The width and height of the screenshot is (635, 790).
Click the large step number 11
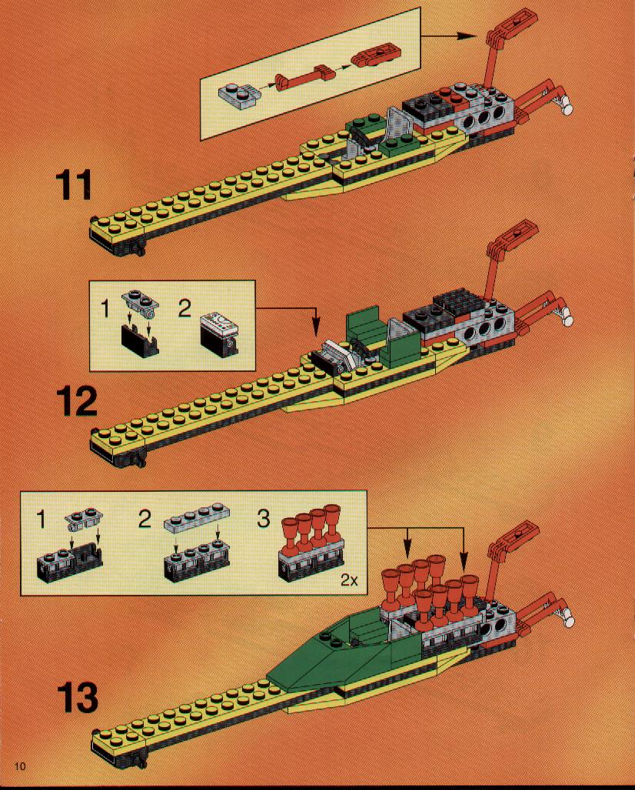coord(74,184)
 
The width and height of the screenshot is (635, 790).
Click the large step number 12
coord(76,401)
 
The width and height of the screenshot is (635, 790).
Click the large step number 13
coord(77,697)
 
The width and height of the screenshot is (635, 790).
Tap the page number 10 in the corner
coord(20,766)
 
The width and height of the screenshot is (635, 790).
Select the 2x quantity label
coord(349,580)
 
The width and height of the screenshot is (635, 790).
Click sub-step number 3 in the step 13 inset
coord(263,519)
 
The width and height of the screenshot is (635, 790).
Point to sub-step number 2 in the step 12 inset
coord(185,308)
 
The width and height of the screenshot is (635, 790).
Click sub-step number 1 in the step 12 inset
coord(105,308)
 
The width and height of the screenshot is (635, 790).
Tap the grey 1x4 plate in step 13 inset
coord(197,516)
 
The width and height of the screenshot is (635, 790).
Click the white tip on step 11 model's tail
coord(568,108)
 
